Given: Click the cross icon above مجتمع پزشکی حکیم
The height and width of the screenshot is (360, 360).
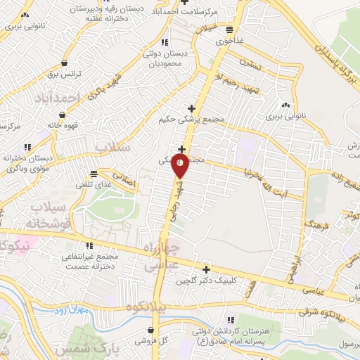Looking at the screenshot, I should click(x=191, y=108).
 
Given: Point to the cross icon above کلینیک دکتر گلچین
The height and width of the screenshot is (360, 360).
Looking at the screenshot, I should click(x=206, y=269).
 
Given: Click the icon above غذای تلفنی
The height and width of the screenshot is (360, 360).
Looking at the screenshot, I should click(x=94, y=174).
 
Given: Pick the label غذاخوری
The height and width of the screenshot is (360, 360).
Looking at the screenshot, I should click(x=230, y=41).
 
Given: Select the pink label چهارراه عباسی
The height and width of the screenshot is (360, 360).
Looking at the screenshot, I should click(x=162, y=257).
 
